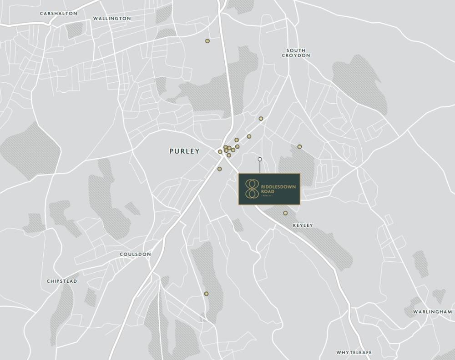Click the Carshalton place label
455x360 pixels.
pyautogui.click(x=58, y=14)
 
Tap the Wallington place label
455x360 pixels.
pyautogui.click(x=111, y=19)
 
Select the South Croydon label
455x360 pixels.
pyautogui.click(x=296, y=53)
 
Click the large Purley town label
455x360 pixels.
pyautogui.click(x=184, y=151)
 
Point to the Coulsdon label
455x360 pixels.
pyautogui.click(x=135, y=255)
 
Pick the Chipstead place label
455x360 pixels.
pyautogui.click(x=62, y=281)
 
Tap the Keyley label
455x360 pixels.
pyautogui.click(x=303, y=225)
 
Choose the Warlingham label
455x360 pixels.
pyautogui.click(x=432, y=312)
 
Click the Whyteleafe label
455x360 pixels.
pyautogui.click(x=354, y=352)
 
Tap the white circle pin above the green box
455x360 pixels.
pyautogui.click(x=260, y=160)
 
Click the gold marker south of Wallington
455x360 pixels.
pyautogui.click(x=207, y=41)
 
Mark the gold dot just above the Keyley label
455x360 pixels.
pyautogui.click(x=285, y=213)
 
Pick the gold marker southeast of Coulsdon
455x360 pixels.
pyautogui.click(x=206, y=294)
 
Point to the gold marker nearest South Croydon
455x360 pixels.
pyautogui.click(x=261, y=119)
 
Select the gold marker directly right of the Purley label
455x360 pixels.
pyautogui.click(x=220, y=152)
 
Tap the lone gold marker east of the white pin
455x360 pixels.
pyautogui.click(x=299, y=147)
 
